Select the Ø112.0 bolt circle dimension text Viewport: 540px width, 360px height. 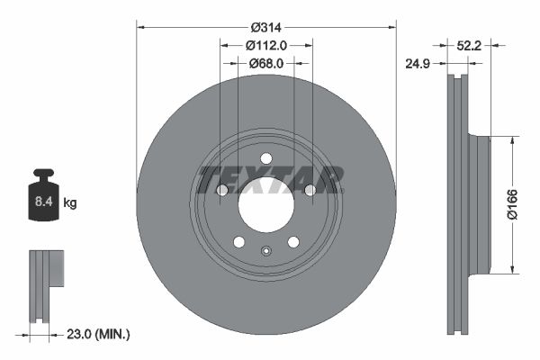tap(265, 45)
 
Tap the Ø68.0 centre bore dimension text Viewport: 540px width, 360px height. tap(265, 63)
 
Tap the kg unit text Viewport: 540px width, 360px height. tap(70, 203)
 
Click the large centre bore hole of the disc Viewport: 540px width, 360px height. tap(265, 204)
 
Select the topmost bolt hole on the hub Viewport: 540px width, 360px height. tap(266, 159)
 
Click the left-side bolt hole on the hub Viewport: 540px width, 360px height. tap(222, 190)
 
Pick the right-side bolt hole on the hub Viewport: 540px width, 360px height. tap(310, 190)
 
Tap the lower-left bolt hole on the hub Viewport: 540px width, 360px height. tap(238, 241)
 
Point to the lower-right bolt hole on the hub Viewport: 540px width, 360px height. tap(293, 241)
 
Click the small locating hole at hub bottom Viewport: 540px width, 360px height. tap(265, 251)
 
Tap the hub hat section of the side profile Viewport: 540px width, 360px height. tap(480, 204)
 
